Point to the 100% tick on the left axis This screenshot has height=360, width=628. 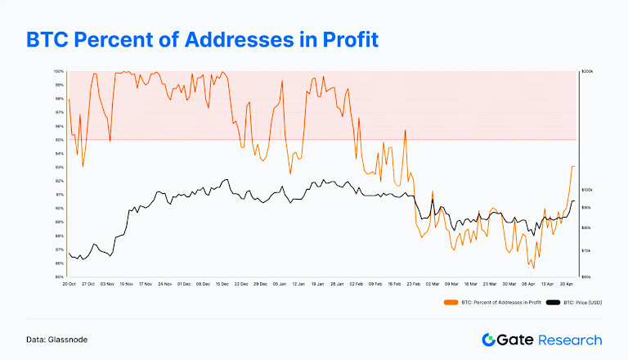(x=60, y=72)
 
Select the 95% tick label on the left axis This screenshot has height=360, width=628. (x=61, y=140)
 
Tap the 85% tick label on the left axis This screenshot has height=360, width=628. (x=61, y=277)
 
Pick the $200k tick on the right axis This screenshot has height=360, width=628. (x=585, y=72)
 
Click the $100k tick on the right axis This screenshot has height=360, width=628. (x=585, y=189)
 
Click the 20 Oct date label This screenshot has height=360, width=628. (x=70, y=284)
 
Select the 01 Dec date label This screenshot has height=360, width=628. (x=183, y=284)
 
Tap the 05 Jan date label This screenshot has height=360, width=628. (x=279, y=284)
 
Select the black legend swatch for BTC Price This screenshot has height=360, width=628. (x=554, y=303)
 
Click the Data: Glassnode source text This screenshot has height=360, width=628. (x=56, y=340)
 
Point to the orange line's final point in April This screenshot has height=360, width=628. (x=574, y=166)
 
